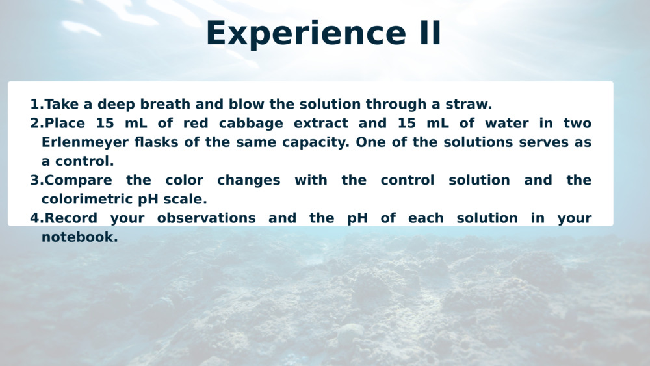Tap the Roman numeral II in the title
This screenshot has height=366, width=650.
[430, 33]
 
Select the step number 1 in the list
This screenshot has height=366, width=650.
[36, 104]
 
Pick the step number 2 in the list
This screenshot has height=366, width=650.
[36, 123]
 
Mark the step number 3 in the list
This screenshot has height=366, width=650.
[36, 180]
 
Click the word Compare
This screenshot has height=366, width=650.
[79, 181]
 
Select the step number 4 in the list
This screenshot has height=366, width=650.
[36, 218]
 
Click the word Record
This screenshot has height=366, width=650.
[71, 218]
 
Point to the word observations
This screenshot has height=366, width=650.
[207, 218]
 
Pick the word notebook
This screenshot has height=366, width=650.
[79, 237]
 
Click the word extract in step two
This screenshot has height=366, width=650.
[321, 124]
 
